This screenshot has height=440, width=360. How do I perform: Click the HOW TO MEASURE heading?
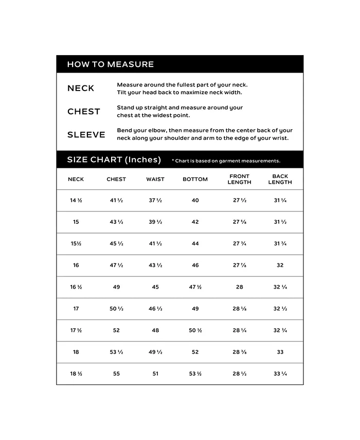click(x=110, y=64)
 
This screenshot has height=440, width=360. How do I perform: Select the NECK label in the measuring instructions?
click(x=81, y=89)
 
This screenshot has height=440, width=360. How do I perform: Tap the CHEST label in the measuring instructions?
click(x=83, y=112)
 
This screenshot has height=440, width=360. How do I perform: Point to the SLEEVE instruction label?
click(x=86, y=135)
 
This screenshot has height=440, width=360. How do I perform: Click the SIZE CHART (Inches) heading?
click(x=114, y=160)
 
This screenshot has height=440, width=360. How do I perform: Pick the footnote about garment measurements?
click(x=226, y=161)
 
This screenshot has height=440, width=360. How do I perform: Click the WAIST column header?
click(x=155, y=179)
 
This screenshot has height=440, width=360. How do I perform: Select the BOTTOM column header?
click(x=195, y=179)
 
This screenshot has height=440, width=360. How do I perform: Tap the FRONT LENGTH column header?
click(x=239, y=179)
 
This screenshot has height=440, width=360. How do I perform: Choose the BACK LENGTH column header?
click(x=280, y=179)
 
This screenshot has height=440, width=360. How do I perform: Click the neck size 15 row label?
click(x=76, y=222)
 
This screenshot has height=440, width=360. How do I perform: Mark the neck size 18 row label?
click(x=76, y=352)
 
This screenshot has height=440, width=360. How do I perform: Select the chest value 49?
click(x=116, y=287)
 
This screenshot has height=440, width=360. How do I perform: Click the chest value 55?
click(x=116, y=374)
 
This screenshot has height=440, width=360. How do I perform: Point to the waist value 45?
click(x=155, y=287)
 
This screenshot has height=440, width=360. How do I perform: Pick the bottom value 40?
click(x=195, y=200)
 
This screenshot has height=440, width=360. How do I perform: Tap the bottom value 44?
click(x=195, y=243)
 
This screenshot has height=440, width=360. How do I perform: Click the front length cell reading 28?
click(x=239, y=287)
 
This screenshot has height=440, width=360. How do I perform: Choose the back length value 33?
click(x=280, y=352)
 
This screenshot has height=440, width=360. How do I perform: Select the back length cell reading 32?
click(x=280, y=266)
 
